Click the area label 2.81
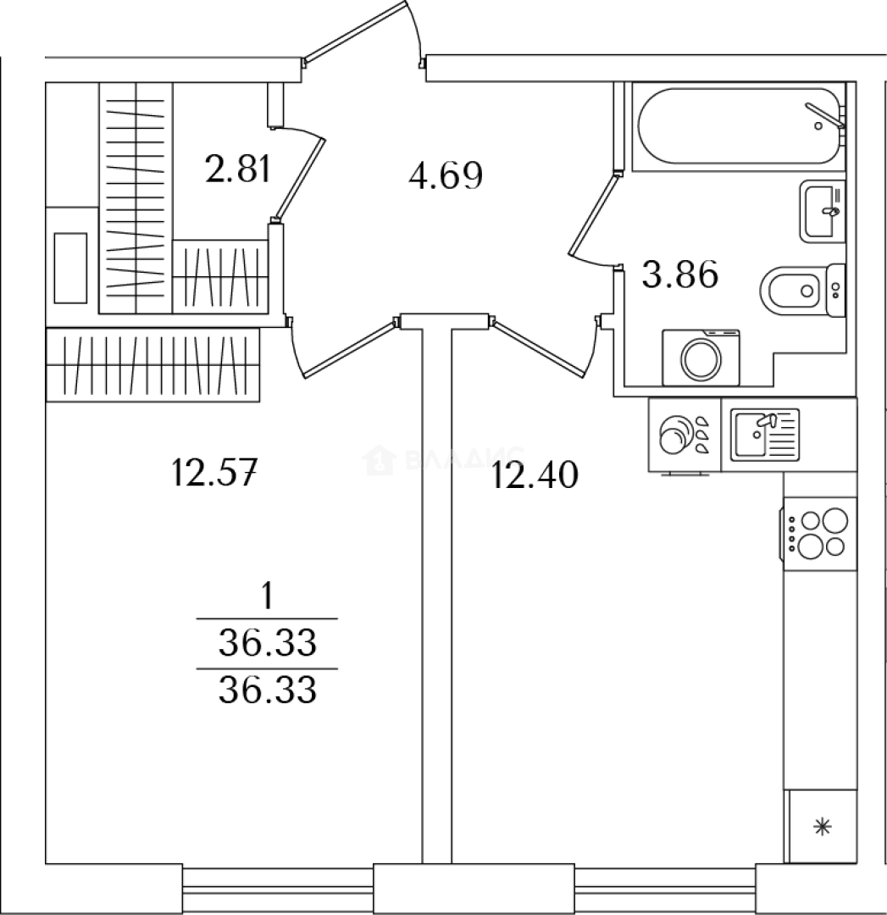[237, 169]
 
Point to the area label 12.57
[213, 470]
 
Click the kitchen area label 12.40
[535, 476]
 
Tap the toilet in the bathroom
[800, 291]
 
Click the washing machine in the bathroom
[701, 357]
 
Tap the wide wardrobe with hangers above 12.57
[152, 364]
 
